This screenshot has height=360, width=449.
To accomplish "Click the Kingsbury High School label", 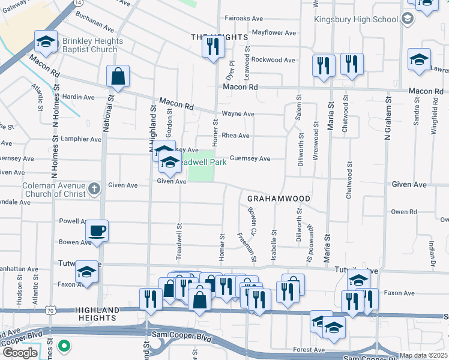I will (357, 19).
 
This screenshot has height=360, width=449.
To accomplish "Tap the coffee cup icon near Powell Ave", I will (96, 230).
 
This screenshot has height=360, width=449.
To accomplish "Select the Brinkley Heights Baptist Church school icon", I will (46, 41).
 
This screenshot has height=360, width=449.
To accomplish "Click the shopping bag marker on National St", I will (118, 76).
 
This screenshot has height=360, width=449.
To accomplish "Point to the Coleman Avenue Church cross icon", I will (94, 189).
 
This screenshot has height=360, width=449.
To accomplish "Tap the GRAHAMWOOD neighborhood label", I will (279, 199).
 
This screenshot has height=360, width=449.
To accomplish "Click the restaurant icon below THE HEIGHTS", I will (212, 46).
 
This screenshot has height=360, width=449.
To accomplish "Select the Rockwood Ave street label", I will (273, 60).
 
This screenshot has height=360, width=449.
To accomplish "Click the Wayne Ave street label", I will (238, 113).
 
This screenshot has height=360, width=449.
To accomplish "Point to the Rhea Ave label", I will (236, 136).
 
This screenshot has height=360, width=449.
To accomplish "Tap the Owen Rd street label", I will (403, 212).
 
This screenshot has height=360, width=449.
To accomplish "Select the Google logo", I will (20, 353).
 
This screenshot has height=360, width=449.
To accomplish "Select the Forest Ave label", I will (309, 350).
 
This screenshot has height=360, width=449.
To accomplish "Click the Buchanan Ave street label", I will (95, 28).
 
